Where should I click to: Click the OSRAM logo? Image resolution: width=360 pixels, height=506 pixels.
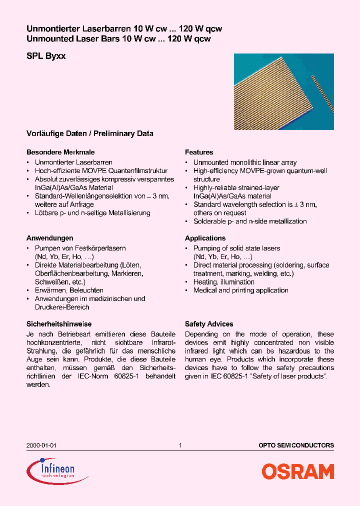pos(297,471)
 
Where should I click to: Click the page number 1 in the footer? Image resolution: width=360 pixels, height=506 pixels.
pos(180,445)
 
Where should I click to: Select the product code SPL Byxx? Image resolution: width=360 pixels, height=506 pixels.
pos(45,56)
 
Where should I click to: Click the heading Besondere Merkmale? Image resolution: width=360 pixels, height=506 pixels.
pos(60,152)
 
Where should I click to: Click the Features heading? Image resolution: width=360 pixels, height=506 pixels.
pos(199,152)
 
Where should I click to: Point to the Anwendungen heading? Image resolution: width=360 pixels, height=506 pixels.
pos(49,238)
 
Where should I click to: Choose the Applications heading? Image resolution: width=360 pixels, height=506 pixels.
pos(205,238)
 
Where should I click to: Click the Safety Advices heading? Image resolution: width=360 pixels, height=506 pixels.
pos(209,324)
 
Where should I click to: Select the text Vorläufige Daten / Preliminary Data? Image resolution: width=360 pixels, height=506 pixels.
pos(89,133)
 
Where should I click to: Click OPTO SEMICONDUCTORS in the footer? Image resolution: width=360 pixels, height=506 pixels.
pos(296,445)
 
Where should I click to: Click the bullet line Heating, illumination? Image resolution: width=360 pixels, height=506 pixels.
pos(223,282)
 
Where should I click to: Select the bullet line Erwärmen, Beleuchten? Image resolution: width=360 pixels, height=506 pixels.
pos(69,290)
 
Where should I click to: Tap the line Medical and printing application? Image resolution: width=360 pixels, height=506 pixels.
pos(240,290)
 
